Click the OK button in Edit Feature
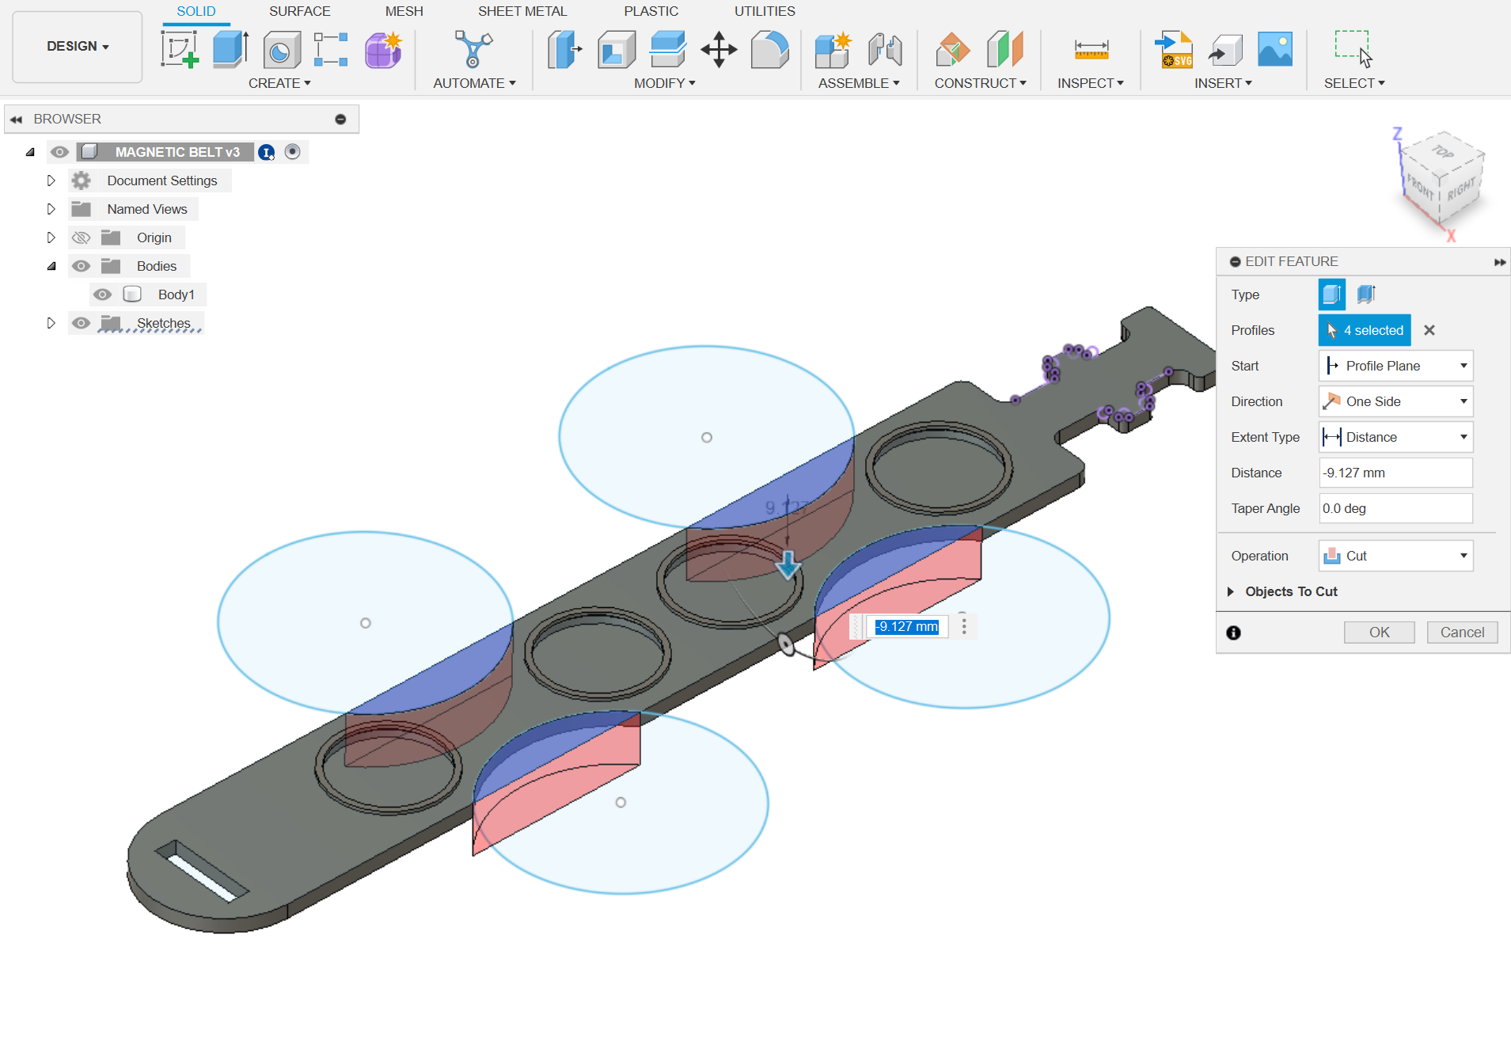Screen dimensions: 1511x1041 [1379, 632]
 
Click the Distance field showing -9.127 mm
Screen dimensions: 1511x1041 [1395, 473]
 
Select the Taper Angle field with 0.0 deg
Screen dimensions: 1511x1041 [1395, 508]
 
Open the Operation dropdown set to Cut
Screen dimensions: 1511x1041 [1395, 556]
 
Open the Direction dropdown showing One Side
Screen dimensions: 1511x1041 [1395, 401]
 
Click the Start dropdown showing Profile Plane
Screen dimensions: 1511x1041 [1395, 366]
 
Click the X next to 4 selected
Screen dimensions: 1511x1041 [1429, 330]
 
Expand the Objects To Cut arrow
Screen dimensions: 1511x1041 [1231, 591]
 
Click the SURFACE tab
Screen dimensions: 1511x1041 [299, 11]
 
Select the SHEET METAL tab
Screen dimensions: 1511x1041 [522, 11]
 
